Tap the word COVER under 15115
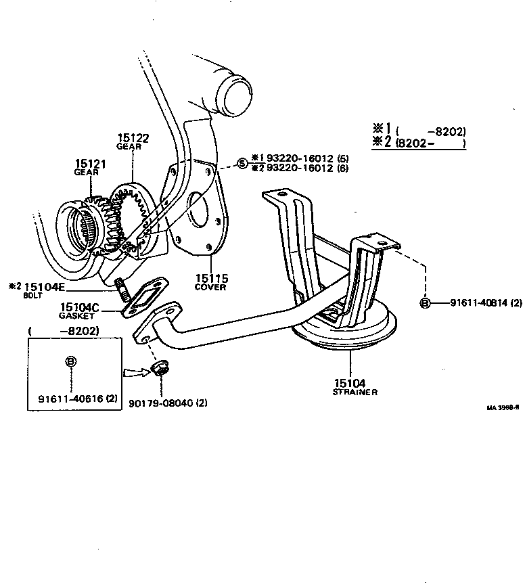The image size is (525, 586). click(x=210, y=287)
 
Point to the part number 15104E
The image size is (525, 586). click(x=46, y=287)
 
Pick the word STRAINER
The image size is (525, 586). click(x=355, y=392)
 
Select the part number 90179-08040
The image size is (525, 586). click(x=160, y=403)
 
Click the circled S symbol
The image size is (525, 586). click(x=242, y=163)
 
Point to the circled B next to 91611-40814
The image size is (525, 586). click(x=426, y=302)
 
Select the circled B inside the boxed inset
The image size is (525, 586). click(x=71, y=361)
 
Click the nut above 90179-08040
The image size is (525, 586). click(x=161, y=369)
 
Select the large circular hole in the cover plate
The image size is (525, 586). click(x=200, y=208)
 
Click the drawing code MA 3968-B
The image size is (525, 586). click(x=502, y=408)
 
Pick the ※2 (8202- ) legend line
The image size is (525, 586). click(x=419, y=143)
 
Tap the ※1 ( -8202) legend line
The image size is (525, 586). click(x=419, y=130)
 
